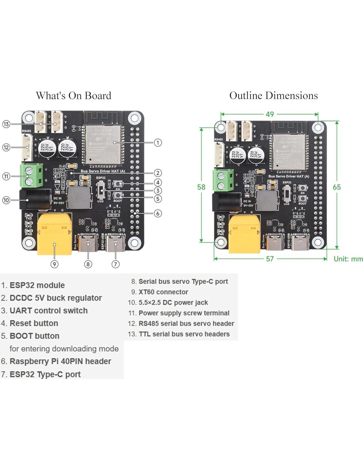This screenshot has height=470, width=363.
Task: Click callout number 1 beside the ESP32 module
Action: coord(158,142)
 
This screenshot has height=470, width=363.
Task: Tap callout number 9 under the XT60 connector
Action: coord(54,264)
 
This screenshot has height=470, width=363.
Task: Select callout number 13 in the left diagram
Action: coord(6,124)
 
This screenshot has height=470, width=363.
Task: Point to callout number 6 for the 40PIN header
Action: coord(158,213)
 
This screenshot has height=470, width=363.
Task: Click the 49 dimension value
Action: coord(270,114)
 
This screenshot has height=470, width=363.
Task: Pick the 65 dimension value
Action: coord(337,187)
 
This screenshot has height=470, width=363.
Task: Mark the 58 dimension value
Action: coord(201,187)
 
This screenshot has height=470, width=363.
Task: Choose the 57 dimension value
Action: coord(270,259)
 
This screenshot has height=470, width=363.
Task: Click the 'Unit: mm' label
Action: coord(348,259)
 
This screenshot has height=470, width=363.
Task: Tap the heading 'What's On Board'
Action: coord(73,96)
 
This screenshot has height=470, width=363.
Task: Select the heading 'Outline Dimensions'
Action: coord(273,96)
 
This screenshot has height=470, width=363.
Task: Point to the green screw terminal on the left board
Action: coord(32,175)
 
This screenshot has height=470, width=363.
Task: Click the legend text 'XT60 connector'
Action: coord(163,292)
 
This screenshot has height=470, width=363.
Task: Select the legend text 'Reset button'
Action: coord(34,323)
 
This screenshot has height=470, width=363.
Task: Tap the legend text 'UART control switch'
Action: coord(49,311)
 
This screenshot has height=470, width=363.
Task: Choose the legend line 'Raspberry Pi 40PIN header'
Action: coord(60,361)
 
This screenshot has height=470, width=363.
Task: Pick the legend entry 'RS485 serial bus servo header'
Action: coord(186,324)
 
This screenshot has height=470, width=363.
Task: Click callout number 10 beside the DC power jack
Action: coord(6,200)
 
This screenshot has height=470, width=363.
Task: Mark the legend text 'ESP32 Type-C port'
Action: coord(45,374)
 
